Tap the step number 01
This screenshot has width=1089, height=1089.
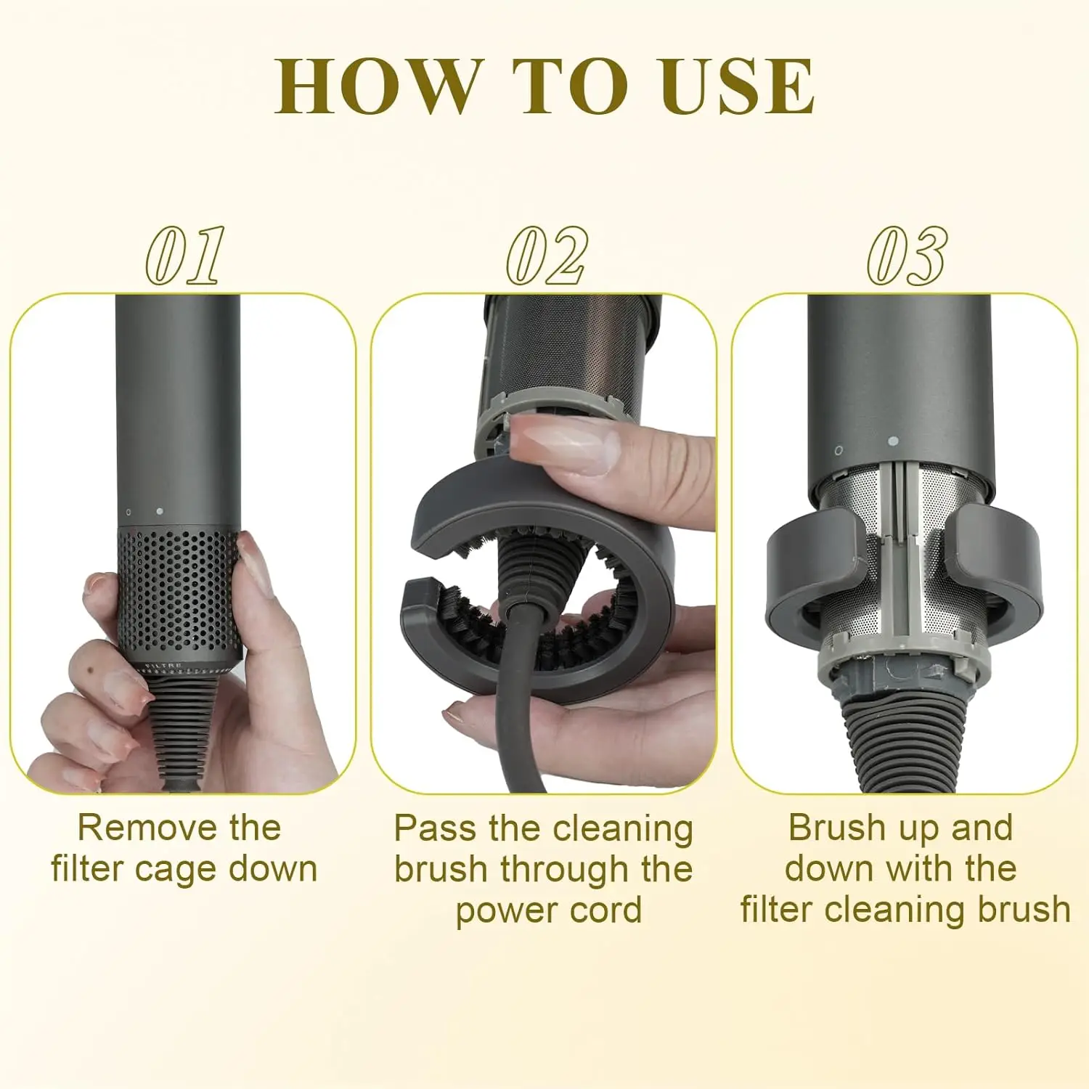click(185, 256)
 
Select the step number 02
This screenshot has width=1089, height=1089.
click(546, 256)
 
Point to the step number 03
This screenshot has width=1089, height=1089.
click(907, 256)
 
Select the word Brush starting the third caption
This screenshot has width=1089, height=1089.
click(827, 828)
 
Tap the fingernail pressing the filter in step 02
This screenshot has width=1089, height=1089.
click(566, 444)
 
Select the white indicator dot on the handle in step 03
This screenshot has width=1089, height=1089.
click(893, 441)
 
